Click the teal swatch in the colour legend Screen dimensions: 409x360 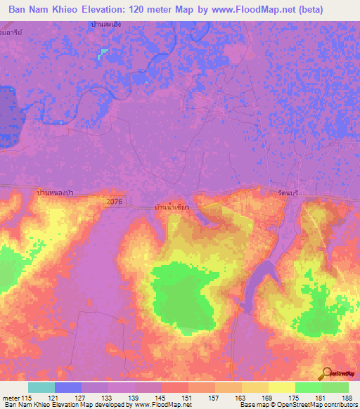41,387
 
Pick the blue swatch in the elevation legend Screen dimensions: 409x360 68,387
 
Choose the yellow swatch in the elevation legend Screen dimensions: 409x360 282,387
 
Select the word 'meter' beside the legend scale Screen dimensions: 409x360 12,397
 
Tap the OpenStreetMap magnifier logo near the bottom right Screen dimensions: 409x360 327,372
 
